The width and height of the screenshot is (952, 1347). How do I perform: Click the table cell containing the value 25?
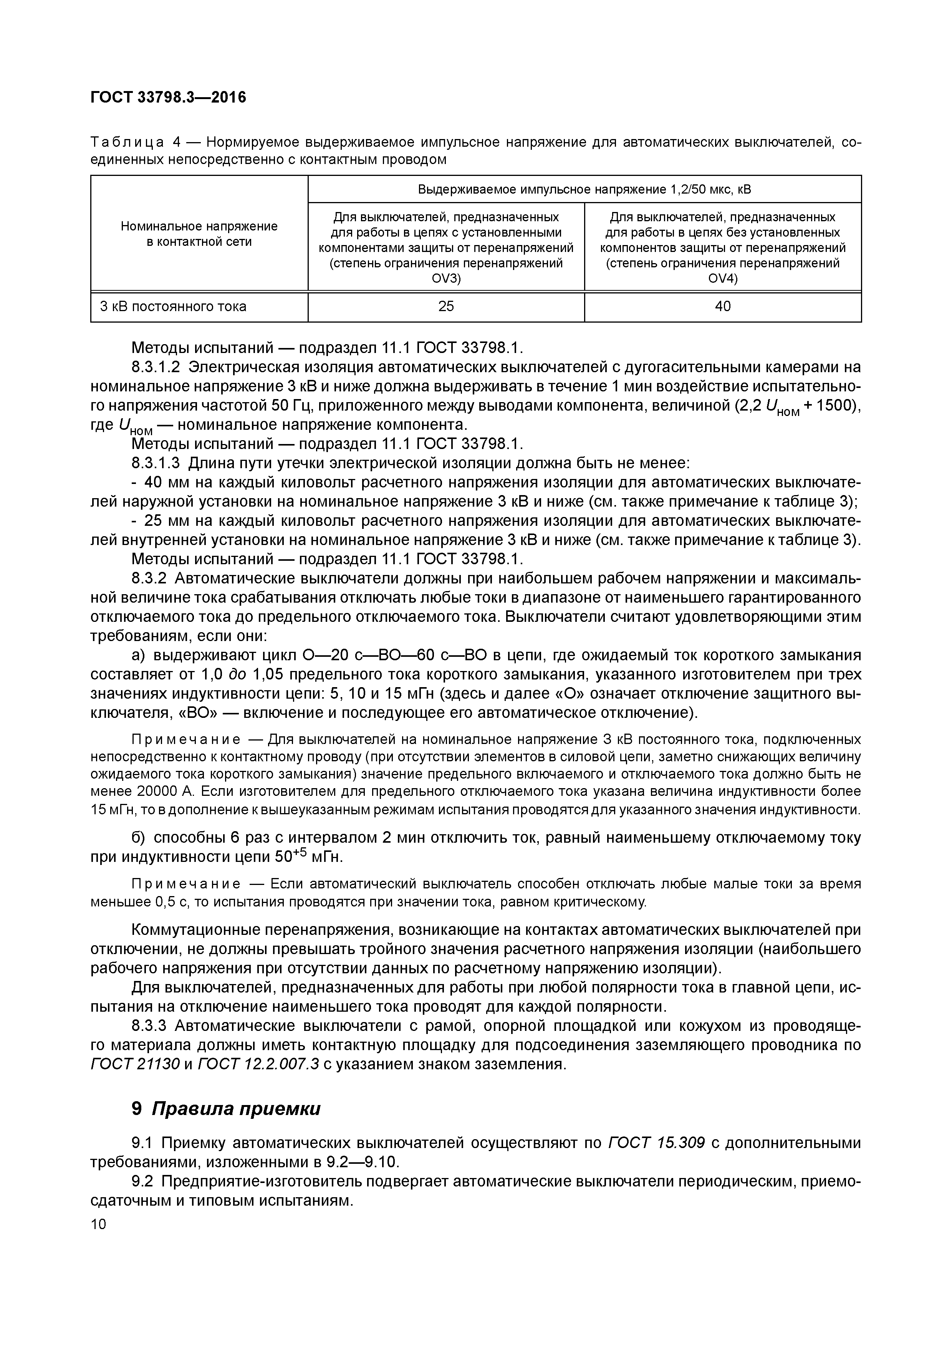(446, 306)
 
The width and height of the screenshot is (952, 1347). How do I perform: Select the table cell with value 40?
(723, 306)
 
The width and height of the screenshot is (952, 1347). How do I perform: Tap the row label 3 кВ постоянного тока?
(173, 306)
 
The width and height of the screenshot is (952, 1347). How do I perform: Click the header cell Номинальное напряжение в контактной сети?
(199, 234)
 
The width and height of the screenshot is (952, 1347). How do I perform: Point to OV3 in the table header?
(446, 278)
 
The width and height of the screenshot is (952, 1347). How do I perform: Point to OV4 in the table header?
(723, 278)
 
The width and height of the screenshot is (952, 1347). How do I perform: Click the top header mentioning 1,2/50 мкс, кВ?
(584, 189)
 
